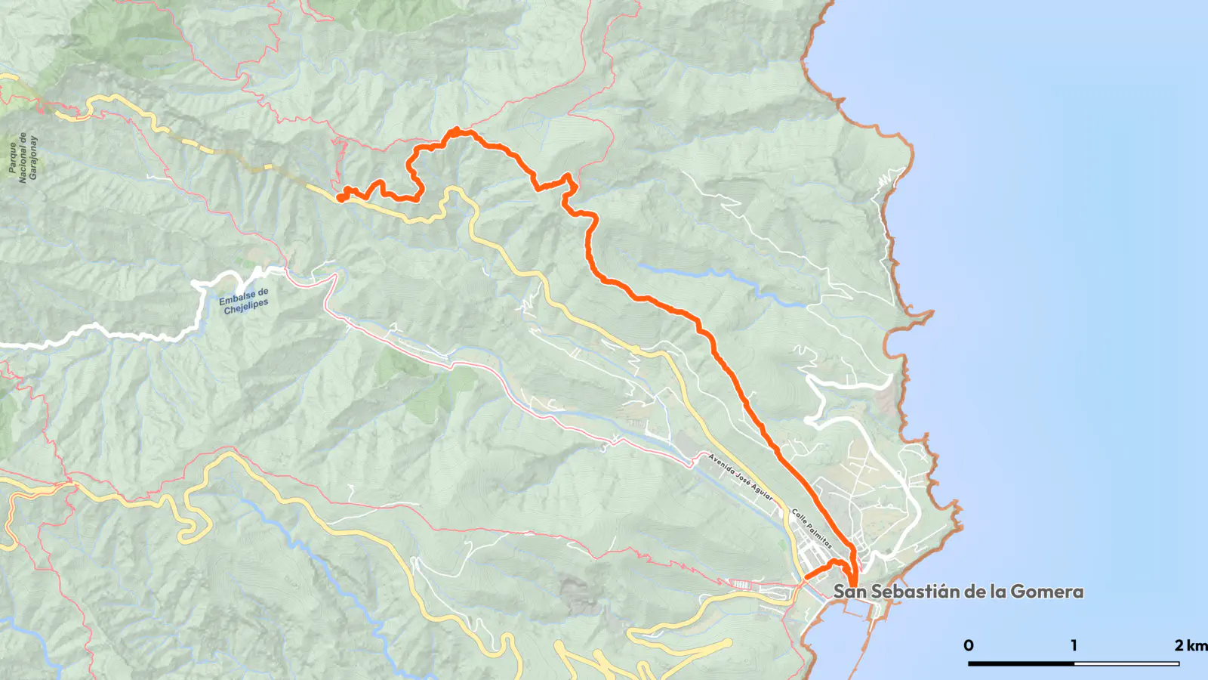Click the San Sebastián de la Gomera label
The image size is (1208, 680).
958,592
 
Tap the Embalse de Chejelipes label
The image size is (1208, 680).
245,301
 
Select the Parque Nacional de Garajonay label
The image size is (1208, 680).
23,158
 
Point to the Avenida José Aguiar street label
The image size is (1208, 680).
740,477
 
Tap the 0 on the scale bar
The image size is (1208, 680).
969,645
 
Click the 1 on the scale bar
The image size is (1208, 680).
1074,645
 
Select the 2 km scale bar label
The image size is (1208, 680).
1191,645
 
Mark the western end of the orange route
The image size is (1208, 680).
340,199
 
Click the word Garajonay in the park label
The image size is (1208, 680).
33,158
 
